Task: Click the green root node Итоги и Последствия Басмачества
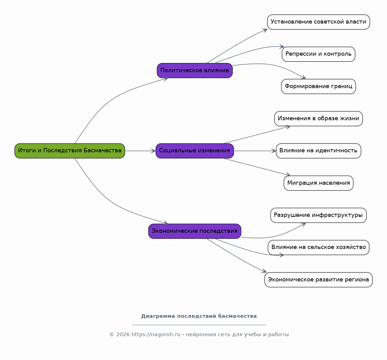tap(69, 151)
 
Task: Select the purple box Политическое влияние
tap(195, 71)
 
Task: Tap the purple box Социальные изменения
tap(195, 151)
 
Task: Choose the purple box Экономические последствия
tap(195, 231)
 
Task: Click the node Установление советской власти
tap(318, 22)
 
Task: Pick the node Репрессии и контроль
tap(318, 54)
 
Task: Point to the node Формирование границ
tap(318, 86)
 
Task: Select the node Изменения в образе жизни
tap(318, 119)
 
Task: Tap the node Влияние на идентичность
tap(318, 151)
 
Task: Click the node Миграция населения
tap(318, 183)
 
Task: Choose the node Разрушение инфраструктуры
tap(318, 215)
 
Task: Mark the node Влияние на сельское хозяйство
tap(318, 247)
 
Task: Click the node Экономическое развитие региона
tap(318, 280)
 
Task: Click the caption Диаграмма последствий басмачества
tap(199, 316)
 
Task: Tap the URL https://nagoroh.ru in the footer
tap(156, 335)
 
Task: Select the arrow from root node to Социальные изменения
tap(140, 151)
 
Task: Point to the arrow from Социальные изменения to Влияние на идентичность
tap(255, 151)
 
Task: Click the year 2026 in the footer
tap(123, 335)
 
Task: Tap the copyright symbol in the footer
tap(112, 335)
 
